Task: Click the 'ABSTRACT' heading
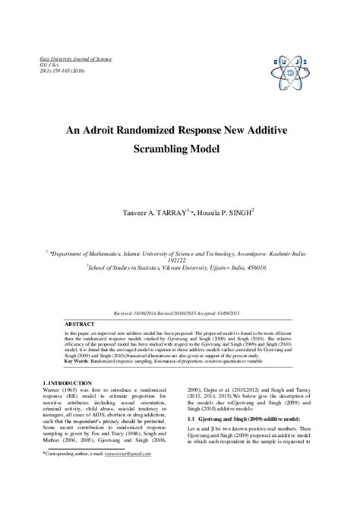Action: tap(82, 323)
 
